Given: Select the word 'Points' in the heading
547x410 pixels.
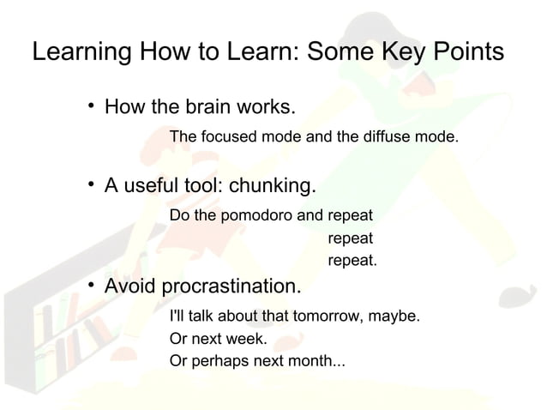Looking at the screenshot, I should pyautogui.click(x=464, y=52).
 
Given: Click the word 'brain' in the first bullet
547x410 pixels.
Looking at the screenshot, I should pyautogui.click(x=205, y=108).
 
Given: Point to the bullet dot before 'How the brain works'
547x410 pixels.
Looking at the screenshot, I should pyautogui.click(x=90, y=108).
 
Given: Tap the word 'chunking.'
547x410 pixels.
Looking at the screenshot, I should pyautogui.click(x=272, y=185).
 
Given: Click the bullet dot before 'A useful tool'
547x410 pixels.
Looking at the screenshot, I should pyautogui.click(x=90, y=185).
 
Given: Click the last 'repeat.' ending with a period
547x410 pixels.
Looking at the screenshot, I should pyautogui.click(x=352, y=260).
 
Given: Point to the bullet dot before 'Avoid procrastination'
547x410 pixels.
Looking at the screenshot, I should pyautogui.click(x=90, y=285).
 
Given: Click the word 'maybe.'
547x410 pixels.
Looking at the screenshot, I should pyautogui.click(x=395, y=317).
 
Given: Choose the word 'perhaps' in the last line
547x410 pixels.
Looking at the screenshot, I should pyautogui.click(x=216, y=360).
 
